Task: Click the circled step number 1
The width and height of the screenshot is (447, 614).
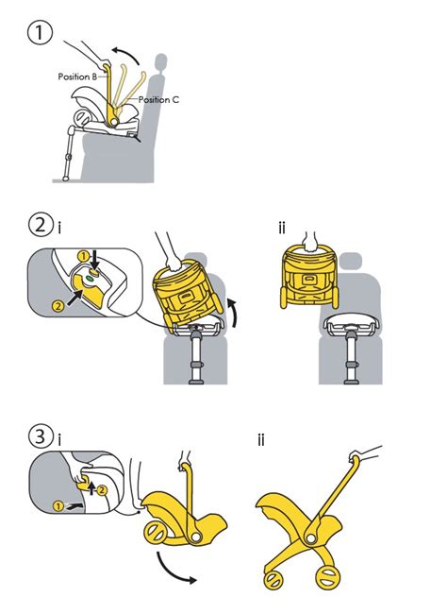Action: click(x=40, y=33)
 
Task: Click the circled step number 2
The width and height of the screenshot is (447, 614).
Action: click(x=40, y=225)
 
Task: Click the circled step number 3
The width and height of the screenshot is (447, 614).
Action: click(x=41, y=436)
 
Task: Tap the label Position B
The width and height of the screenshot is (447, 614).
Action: click(x=77, y=77)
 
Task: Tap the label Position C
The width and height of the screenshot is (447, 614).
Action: click(x=158, y=99)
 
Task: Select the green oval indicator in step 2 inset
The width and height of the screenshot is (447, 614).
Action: click(x=90, y=279)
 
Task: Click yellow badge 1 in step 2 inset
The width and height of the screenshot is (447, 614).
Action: click(x=83, y=257)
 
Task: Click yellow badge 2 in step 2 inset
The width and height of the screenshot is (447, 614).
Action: click(x=58, y=306)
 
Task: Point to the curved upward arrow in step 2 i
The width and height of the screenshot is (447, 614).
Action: click(x=233, y=313)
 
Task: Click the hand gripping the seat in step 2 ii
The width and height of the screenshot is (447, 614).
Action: click(x=311, y=241)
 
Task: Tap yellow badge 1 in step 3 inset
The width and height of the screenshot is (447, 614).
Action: click(x=58, y=506)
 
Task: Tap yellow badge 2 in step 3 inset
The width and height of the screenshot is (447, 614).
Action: click(x=101, y=489)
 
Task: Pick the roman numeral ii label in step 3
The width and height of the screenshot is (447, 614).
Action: click(x=261, y=440)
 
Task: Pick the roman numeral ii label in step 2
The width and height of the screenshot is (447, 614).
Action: click(x=282, y=228)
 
